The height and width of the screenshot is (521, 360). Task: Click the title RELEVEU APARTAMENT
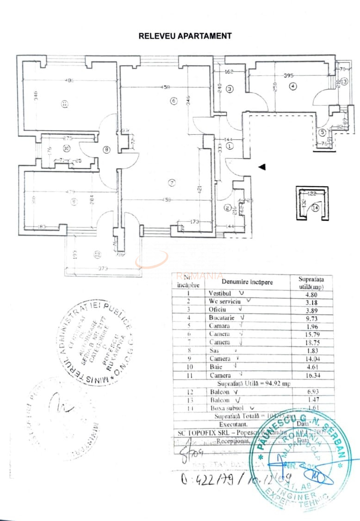(x=185, y=36)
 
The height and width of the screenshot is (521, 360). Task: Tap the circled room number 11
(x=64, y=104)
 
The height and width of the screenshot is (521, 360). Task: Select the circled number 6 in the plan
(x=174, y=101)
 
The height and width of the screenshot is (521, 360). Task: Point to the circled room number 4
(x=293, y=86)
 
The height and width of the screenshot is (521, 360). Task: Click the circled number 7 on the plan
(x=172, y=183)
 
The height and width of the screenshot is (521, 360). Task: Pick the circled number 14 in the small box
(x=316, y=208)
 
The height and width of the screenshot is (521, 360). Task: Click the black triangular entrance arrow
(x=262, y=167)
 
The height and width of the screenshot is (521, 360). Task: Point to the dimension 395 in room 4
(x=289, y=75)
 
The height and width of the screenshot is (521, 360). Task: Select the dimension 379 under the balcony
(x=103, y=268)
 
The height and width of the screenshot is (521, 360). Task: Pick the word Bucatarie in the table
(x=222, y=318)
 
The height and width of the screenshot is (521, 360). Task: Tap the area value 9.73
(x=307, y=318)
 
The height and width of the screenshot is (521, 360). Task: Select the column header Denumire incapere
(x=248, y=282)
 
